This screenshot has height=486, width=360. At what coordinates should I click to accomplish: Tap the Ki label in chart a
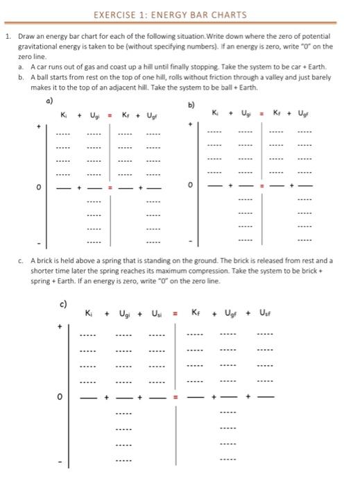tap(64, 114)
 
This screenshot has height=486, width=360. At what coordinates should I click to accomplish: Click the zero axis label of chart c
tap(60, 398)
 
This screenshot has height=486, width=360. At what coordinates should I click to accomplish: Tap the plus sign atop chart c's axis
tap(60, 326)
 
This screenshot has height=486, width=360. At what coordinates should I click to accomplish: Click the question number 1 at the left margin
tap(6, 35)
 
